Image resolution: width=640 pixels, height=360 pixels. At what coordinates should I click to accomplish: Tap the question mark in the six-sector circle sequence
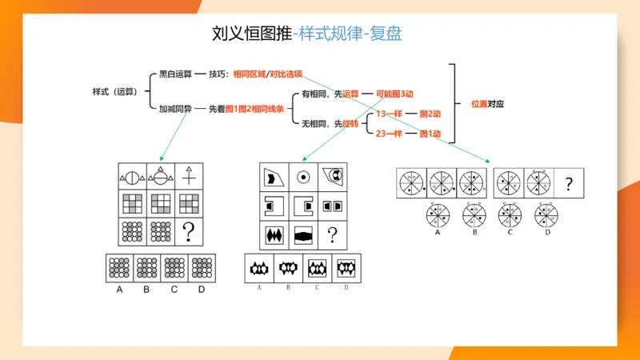(569, 184)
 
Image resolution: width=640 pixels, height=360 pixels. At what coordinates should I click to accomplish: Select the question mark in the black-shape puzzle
(332, 235)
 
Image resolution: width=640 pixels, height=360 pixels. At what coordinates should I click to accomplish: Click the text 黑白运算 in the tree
(175, 74)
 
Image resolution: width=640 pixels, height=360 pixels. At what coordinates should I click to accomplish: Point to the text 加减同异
(175, 109)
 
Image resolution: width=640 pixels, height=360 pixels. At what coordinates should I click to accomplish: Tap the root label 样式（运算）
(114, 91)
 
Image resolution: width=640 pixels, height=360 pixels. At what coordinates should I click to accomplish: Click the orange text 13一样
(389, 114)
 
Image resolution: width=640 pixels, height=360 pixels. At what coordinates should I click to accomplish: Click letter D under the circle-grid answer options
(202, 290)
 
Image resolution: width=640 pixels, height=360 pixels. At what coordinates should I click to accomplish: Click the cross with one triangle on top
(189, 173)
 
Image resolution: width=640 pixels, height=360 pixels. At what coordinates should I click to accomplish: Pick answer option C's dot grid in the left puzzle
(174, 267)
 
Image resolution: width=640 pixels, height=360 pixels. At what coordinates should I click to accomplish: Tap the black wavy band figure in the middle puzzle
(303, 235)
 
